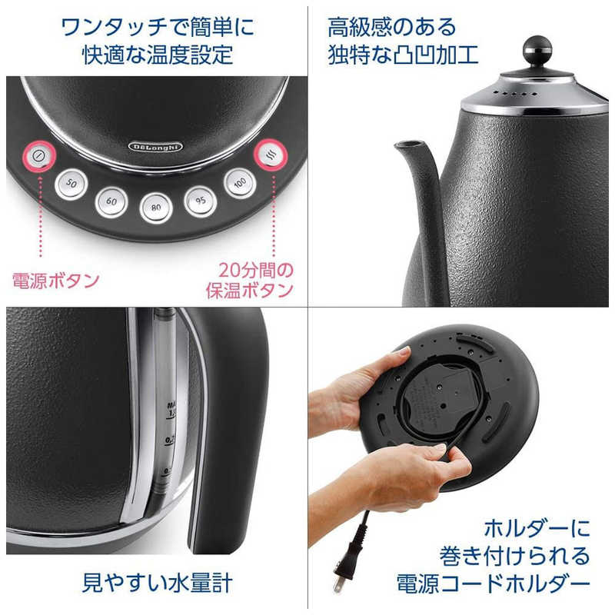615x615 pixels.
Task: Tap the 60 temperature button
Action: pyautogui.click(x=111, y=201)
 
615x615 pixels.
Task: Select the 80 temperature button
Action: pyautogui.click(x=156, y=206)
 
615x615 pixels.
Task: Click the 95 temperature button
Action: pyautogui.click(x=200, y=201)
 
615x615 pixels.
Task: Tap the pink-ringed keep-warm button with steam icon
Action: pyautogui.click(x=270, y=153)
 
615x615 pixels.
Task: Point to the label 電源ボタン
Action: pyautogui.click(x=55, y=281)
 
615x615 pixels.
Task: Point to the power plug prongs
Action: pyautogui.click(x=338, y=582)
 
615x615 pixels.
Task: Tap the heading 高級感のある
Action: pyautogui.click(x=392, y=28)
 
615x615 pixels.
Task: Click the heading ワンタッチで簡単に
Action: pyautogui.click(x=158, y=28)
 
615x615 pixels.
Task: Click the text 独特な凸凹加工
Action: pyautogui.click(x=404, y=55)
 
